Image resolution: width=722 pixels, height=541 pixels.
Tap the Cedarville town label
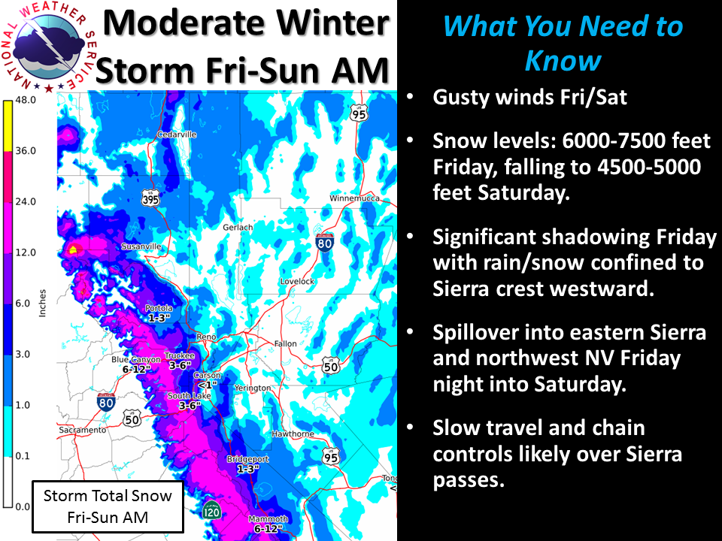(177, 134)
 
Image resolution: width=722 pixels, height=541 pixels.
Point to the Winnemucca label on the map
(354, 198)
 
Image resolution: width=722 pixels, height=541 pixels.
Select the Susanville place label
(141, 246)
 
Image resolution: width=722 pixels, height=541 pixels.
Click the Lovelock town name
(297, 281)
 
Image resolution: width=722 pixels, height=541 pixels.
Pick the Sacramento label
(83, 430)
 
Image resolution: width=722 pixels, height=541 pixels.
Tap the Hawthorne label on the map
(293, 434)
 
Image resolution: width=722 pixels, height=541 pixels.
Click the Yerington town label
(253, 388)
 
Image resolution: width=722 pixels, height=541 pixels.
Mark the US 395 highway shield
(150, 198)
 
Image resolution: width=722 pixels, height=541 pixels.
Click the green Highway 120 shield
(211, 510)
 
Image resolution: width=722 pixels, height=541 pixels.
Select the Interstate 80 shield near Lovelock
(325, 242)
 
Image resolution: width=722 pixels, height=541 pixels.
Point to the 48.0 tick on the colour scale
(26, 100)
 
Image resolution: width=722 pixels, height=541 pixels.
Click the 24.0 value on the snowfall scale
(26, 201)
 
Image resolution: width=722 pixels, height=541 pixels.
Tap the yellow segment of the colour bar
(8, 125)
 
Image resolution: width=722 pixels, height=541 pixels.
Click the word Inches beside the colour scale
(42, 303)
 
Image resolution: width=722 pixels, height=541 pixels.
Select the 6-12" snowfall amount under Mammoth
(268, 529)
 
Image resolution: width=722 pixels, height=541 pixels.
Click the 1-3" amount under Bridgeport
(248, 469)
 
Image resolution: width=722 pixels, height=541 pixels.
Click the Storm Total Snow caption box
(108, 506)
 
